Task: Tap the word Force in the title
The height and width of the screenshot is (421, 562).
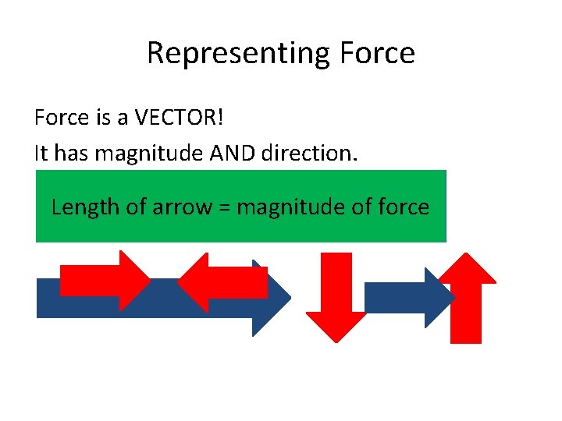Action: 377,54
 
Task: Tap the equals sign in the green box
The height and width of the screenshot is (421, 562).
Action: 223,208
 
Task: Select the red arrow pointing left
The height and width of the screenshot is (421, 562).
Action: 222,282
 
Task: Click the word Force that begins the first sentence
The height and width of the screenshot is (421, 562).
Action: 60,119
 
